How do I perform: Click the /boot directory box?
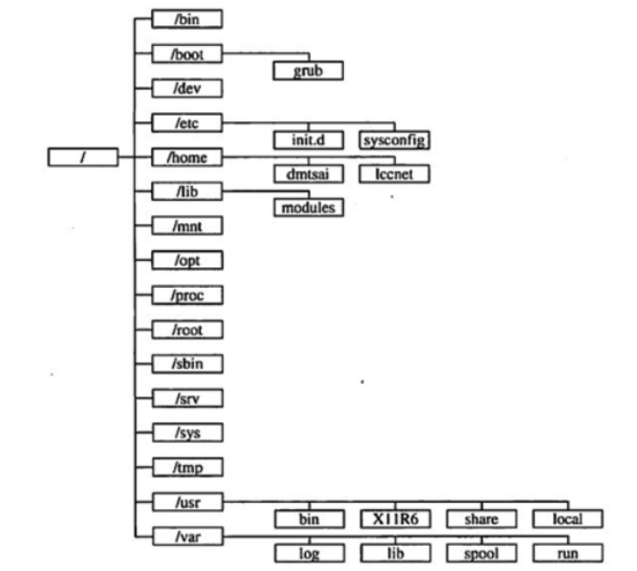[x=187, y=54]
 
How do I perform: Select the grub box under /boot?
[x=307, y=71]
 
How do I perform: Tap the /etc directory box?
[x=187, y=122]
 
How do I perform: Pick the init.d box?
[x=307, y=140]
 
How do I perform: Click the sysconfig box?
[x=394, y=140]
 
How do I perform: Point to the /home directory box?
[x=187, y=157]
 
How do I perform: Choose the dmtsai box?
[x=307, y=174]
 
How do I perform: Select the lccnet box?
[x=394, y=174]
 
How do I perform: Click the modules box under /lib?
[x=307, y=207]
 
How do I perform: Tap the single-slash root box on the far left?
[x=83, y=157]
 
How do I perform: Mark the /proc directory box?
[x=187, y=295]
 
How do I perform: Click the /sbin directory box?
[x=187, y=364]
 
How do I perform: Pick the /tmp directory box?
[x=187, y=466]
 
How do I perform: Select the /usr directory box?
[x=187, y=502]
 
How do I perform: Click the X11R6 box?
[x=394, y=519]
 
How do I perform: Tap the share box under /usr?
[x=480, y=519]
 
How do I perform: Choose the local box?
[x=568, y=519]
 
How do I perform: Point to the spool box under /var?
[x=480, y=553]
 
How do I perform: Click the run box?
[x=568, y=553]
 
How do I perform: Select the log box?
[x=307, y=553]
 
